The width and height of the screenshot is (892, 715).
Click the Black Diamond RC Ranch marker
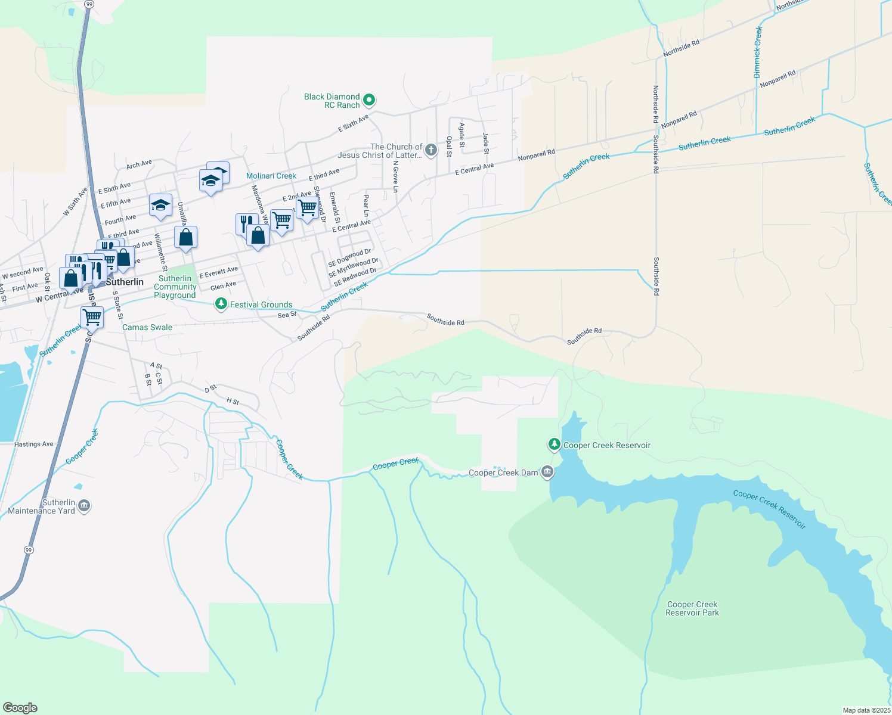tap(369, 100)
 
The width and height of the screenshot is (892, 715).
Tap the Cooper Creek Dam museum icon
tap(547, 472)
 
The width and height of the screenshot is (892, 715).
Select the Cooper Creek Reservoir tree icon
tap(555, 444)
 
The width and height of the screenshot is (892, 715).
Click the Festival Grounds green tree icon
tap(221, 304)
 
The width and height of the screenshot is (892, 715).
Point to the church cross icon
tap(431, 150)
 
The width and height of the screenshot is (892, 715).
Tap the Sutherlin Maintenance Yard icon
tap(84, 506)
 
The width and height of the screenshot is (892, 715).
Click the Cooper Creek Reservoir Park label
tap(692, 608)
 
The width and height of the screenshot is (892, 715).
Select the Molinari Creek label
tap(271, 176)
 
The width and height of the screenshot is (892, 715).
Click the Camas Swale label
tap(147, 327)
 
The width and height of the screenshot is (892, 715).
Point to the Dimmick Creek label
tap(758, 52)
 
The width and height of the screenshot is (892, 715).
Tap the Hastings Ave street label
tap(34, 444)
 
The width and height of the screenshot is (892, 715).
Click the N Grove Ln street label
tap(395, 176)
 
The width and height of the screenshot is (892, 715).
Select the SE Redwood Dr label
tap(355, 277)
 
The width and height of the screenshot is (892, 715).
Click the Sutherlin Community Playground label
tap(175, 287)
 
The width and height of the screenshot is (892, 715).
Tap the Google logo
tap(20, 708)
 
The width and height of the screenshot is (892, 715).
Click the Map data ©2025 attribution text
tap(866, 710)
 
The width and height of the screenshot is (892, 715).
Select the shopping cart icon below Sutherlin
tap(92, 317)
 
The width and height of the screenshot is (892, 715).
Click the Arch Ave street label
tap(139, 164)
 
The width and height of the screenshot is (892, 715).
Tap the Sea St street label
tap(287, 315)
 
